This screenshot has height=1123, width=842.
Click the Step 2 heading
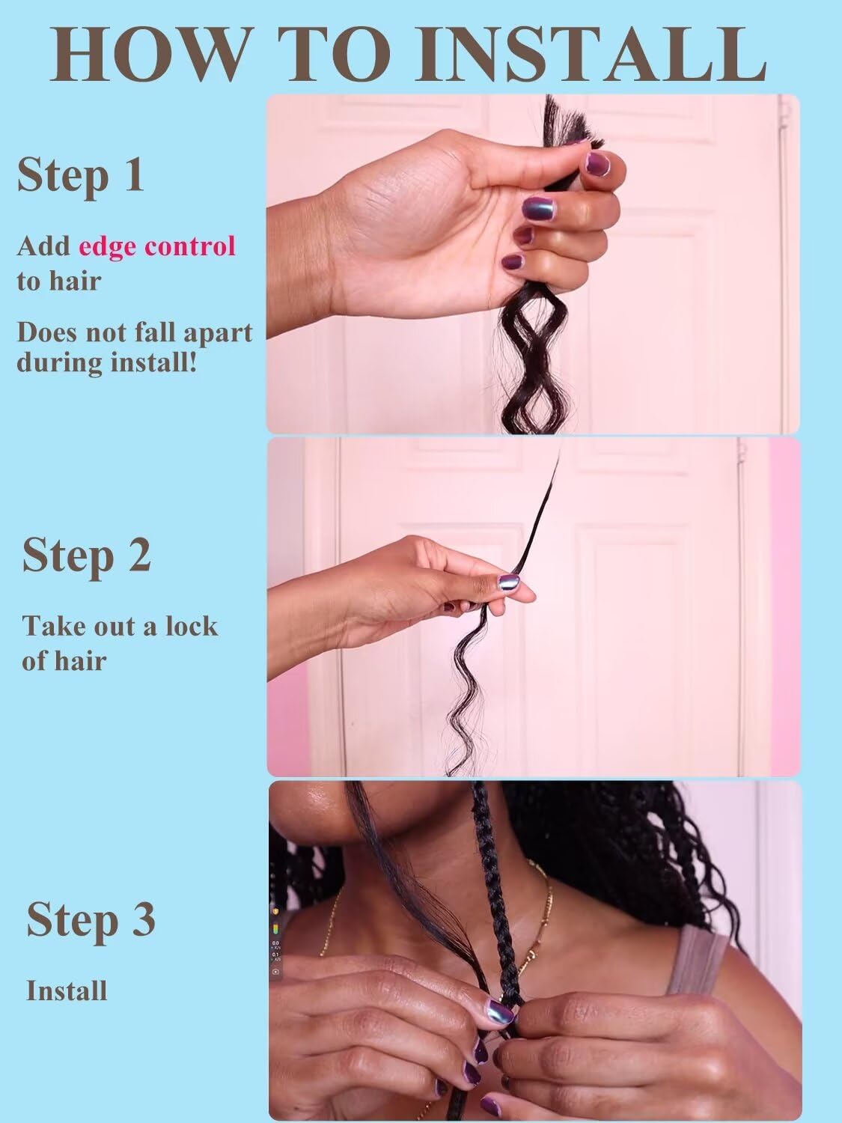click(x=86, y=557)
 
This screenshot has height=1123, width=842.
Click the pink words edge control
click(x=157, y=246)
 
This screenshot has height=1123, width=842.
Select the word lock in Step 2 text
click(x=192, y=626)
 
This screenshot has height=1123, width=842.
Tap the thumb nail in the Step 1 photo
click(x=597, y=164)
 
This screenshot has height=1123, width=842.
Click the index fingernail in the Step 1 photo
click(x=540, y=208)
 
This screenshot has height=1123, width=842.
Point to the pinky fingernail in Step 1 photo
click(x=513, y=263)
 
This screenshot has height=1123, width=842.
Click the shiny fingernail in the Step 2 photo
click(x=509, y=583)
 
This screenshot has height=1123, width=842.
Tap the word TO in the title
click(x=334, y=54)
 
